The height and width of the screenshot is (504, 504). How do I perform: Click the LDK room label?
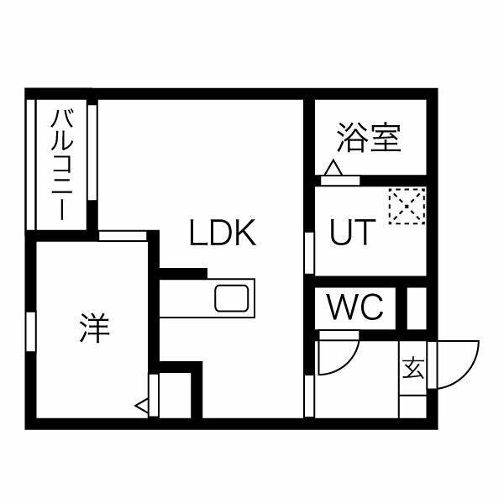[x=223, y=233]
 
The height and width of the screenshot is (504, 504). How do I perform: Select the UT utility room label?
[x=353, y=232]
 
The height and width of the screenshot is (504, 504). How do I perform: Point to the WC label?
[x=354, y=307]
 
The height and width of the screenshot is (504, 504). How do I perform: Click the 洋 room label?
[x=95, y=328]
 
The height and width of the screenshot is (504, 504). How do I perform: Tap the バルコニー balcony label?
[x=62, y=165]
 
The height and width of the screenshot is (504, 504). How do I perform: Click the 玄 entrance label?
[x=413, y=368]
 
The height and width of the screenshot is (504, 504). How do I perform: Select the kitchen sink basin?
[x=232, y=298]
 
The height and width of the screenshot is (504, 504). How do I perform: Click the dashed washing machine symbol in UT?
[x=407, y=206]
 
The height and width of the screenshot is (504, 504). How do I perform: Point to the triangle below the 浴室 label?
[x=333, y=168]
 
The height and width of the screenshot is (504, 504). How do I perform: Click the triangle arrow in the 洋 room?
[x=142, y=407]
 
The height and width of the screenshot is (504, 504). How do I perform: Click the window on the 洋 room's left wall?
[x=31, y=332]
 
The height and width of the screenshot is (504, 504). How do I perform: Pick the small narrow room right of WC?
[x=417, y=308]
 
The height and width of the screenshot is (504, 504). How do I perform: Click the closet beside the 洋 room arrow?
[x=175, y=396]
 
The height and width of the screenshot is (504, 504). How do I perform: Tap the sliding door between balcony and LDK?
[x=92, y=152]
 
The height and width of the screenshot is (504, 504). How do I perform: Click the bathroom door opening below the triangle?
[x=340, y=181]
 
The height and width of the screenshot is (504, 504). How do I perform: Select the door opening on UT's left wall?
[x=309, y=254]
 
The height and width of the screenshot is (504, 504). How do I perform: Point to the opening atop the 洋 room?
[x=123, y=235]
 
